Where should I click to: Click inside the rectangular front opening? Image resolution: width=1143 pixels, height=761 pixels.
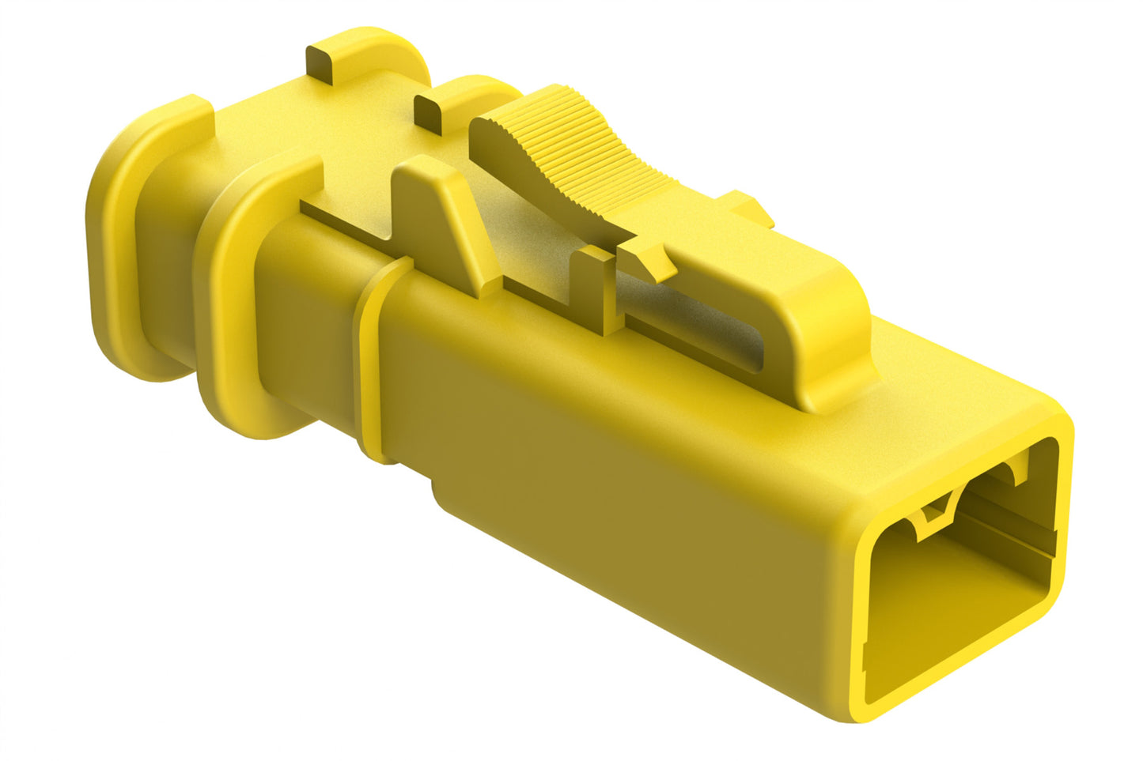949,601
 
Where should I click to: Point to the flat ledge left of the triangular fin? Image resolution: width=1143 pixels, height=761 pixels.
348,217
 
